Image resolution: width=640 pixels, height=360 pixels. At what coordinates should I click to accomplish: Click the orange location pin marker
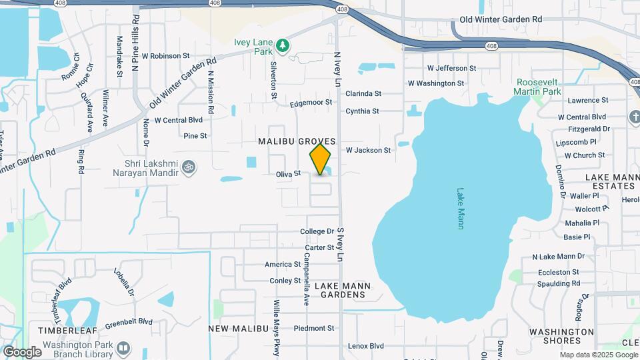[x=321, y=159]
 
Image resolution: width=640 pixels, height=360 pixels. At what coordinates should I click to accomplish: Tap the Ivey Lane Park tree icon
[x=284, y=45]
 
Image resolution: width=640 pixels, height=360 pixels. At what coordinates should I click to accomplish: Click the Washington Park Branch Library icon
[x=123, y=347]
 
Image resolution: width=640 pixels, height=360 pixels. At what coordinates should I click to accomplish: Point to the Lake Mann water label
[x=461, y=209]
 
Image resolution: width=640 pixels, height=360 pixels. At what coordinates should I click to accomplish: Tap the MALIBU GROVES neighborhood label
[x=297, y=142]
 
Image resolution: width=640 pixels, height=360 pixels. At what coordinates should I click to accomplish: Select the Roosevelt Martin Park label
[x=539, y=87]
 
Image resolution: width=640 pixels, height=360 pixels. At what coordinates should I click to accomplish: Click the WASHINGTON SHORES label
[x=561, y=337]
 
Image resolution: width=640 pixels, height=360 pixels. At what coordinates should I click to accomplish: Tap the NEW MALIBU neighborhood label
[x=238, y=329]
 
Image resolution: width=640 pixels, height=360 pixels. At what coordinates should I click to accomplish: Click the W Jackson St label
[x=368, y=150]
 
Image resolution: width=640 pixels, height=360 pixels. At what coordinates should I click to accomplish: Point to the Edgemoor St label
[x=311, y=103]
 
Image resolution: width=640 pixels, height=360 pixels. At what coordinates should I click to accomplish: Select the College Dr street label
[x=317, y=231]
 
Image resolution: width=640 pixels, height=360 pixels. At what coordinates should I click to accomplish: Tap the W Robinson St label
[x=166, y=56]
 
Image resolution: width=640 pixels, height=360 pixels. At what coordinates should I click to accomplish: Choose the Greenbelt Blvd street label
[x=129, y=321]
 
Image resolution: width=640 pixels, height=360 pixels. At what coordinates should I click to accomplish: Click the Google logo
[x=22, y=352]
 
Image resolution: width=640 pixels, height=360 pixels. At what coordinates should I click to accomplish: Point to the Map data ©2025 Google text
[x=599, y=355]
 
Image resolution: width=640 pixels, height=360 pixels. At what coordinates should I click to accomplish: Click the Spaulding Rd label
[x=557, y=283]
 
